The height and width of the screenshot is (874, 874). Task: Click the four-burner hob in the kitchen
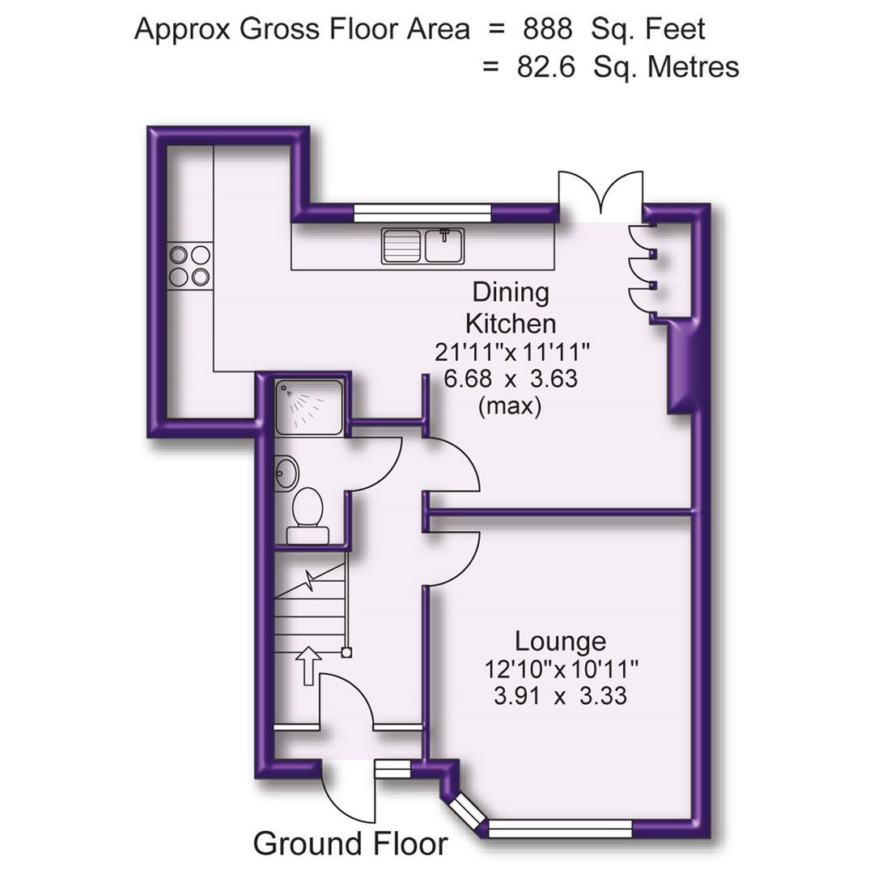[189, 266]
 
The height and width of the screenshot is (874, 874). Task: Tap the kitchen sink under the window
[422, 246]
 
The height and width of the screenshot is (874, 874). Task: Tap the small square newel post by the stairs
[346, 651]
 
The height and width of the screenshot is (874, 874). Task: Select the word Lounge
[560, 642]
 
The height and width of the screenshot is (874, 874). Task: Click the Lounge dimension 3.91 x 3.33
[560, 695]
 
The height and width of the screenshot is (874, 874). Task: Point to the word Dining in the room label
[511, 292]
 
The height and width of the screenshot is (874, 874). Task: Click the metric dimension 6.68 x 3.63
[511, 378]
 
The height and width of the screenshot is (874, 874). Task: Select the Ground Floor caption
[350, 843]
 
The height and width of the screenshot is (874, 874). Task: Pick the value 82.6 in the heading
[545, 66]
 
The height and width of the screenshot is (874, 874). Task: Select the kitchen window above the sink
[423, 213]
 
